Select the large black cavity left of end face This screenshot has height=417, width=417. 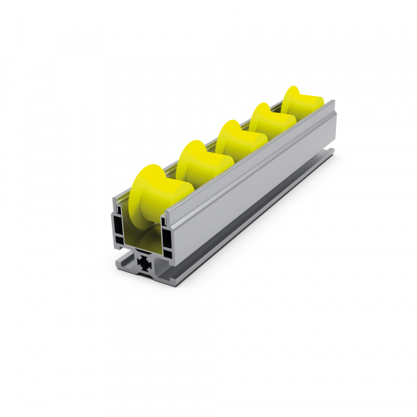(x=119, y=229)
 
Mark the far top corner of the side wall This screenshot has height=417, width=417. (x=336, y=104)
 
